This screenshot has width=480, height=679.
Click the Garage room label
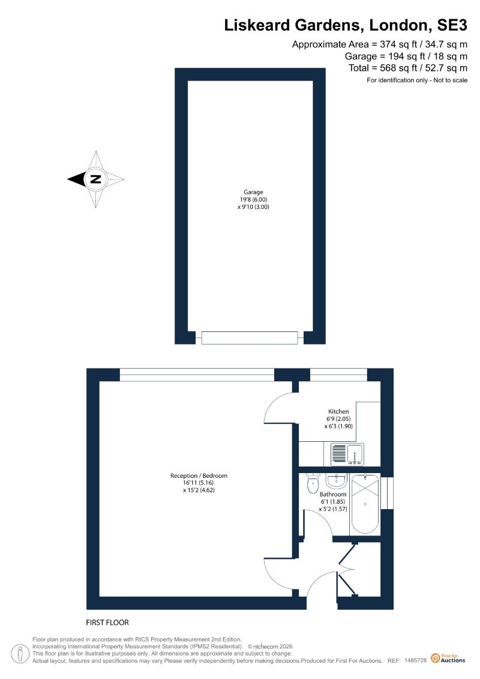253,192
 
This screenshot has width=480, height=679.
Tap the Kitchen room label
338,411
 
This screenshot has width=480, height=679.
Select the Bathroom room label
333,494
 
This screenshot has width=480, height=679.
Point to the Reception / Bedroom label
199,475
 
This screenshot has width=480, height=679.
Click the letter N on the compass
95,179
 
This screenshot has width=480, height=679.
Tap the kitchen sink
347,454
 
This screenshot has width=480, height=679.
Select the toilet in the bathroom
312,484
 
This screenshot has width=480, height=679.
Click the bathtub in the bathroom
364,504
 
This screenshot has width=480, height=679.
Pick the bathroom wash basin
336,481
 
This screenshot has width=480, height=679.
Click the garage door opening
250,338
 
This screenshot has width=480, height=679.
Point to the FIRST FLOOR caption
107,623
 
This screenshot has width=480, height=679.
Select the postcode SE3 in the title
452,25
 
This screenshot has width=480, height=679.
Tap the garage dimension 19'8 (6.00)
253,199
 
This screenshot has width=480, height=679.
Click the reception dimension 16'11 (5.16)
199,483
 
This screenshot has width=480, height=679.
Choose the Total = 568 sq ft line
408,68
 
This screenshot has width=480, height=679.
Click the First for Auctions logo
448,659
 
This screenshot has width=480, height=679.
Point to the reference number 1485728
416,660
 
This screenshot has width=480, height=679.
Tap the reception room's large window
197,375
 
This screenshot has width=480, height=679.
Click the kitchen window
338,375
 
